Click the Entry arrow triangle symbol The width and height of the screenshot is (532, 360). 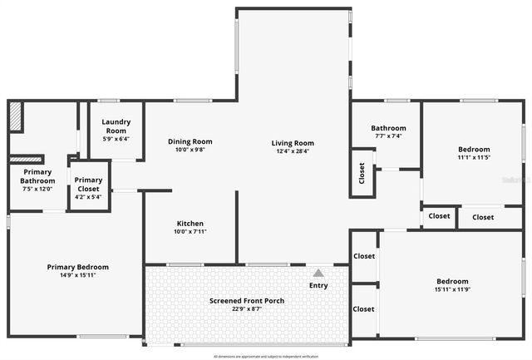[x=318, y=272]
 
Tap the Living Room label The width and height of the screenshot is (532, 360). [x=293, y=143]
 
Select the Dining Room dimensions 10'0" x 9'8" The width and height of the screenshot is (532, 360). [x=190, y=150]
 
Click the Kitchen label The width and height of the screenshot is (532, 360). [x=190, y=224]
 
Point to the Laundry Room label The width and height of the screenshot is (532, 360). [x=116, y=126]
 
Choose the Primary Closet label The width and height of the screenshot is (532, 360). [x=88, y=185]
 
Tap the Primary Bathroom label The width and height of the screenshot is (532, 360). [x=37, y=176]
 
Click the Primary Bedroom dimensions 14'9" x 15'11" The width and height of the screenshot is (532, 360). [x=77, y=276]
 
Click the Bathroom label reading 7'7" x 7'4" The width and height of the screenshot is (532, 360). [x=389, y=136]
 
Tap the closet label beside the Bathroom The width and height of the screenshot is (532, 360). [x=362, y=173]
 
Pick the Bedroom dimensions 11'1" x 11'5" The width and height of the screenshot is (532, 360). [x=475, y=157]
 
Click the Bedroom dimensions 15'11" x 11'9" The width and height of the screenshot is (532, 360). [x=452, y=290]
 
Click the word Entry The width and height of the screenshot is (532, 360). [x=318, y=286]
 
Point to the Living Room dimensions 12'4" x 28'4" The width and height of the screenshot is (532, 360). [x=293, y=151]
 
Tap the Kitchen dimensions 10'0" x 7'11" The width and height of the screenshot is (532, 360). [x=190, y=233]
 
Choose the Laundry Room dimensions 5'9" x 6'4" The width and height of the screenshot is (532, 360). [x=116, y=139]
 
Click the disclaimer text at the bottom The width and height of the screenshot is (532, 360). [x=266, y=356]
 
